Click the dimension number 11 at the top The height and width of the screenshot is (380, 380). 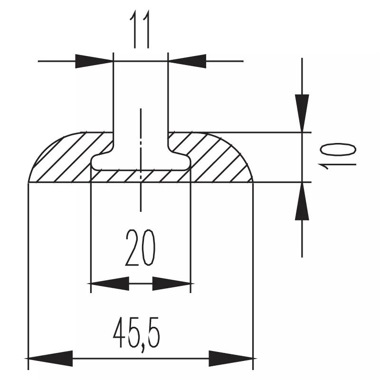pos(140,29)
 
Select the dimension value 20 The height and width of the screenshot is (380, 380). pos(140,247)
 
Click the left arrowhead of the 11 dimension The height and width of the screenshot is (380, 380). pos(94,61)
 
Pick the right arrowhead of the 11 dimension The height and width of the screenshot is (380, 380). pos(187,61)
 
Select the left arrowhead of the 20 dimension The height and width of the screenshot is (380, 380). pos(110,283)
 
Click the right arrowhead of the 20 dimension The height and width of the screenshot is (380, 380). pos(171,283)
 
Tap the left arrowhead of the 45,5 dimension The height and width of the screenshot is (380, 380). pos(50,359)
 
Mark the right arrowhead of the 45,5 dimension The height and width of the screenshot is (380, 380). pos(231,359)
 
